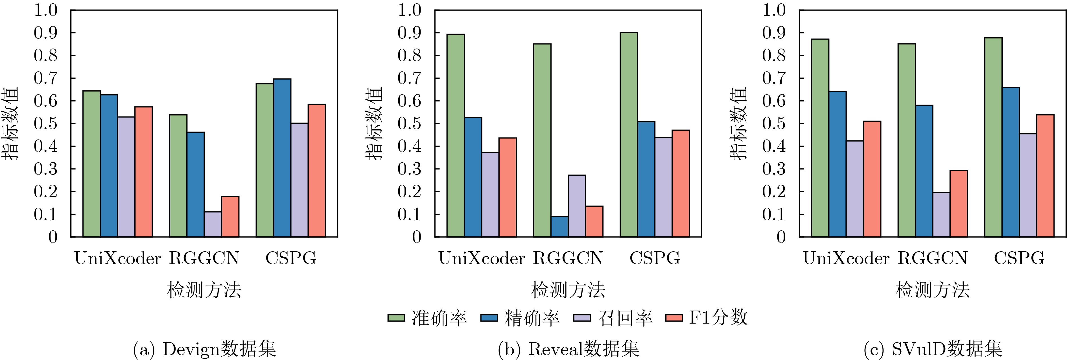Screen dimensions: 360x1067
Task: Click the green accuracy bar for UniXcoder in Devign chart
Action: [91, 164]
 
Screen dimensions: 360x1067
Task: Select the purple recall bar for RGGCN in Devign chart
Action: [213, 224]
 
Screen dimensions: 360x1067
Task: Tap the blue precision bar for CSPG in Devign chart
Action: [282, 158]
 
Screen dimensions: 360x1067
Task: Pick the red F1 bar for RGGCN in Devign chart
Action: [230, 217]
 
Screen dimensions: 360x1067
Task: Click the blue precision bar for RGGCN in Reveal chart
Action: [559, 227]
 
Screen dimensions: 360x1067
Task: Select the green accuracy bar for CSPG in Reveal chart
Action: [629, 135]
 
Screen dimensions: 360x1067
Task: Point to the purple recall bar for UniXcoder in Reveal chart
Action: [490, 195]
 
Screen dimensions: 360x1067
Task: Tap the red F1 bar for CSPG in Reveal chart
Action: [681, 184]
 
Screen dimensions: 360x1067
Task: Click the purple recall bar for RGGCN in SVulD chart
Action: [941, 215]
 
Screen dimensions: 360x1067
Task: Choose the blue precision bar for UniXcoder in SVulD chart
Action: [837, 164]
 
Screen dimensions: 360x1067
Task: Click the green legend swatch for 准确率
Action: [396, 318]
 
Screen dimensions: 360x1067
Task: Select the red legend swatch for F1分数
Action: [674, 318]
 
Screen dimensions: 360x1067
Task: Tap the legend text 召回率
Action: [625, 318]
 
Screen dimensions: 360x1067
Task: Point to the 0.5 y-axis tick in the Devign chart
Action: [45, 123]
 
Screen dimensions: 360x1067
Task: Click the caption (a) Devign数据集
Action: [204, 349]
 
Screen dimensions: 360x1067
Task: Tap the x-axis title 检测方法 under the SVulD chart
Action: [932, 290]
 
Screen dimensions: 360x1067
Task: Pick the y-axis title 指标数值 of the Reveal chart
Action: [374, 123]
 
